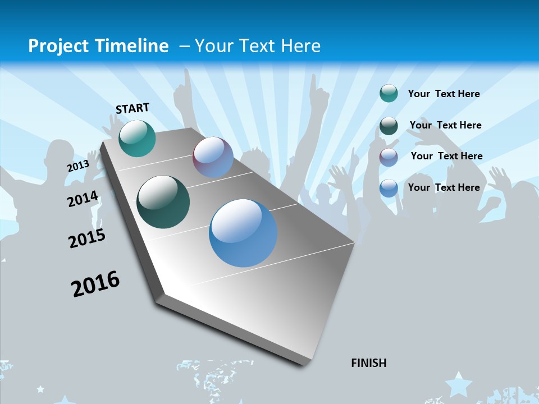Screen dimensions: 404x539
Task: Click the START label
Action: (133, 108)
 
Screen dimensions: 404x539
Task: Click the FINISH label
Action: (368, 363)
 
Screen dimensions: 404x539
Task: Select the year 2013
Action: (78, 166)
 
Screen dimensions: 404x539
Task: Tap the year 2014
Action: (83, 199)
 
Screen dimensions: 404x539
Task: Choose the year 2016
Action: (95, 284)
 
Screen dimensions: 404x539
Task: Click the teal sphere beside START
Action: (137, 138)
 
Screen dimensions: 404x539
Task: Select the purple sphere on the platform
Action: (213, 157)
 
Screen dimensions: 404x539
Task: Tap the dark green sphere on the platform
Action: (163, 202)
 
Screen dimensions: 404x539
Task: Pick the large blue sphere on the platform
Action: (243, 233)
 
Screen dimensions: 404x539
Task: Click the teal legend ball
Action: (389, 93)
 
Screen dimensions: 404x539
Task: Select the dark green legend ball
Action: (389, 125)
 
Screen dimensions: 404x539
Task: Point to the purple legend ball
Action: (389, 157)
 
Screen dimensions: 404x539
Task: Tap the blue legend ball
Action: (389, 188)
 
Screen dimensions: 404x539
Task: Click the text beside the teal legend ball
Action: (444, 94)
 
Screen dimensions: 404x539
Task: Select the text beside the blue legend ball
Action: (444, 187)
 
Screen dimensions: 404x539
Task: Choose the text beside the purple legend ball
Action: (446, 156)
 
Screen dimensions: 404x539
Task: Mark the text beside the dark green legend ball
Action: (445, 125)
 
